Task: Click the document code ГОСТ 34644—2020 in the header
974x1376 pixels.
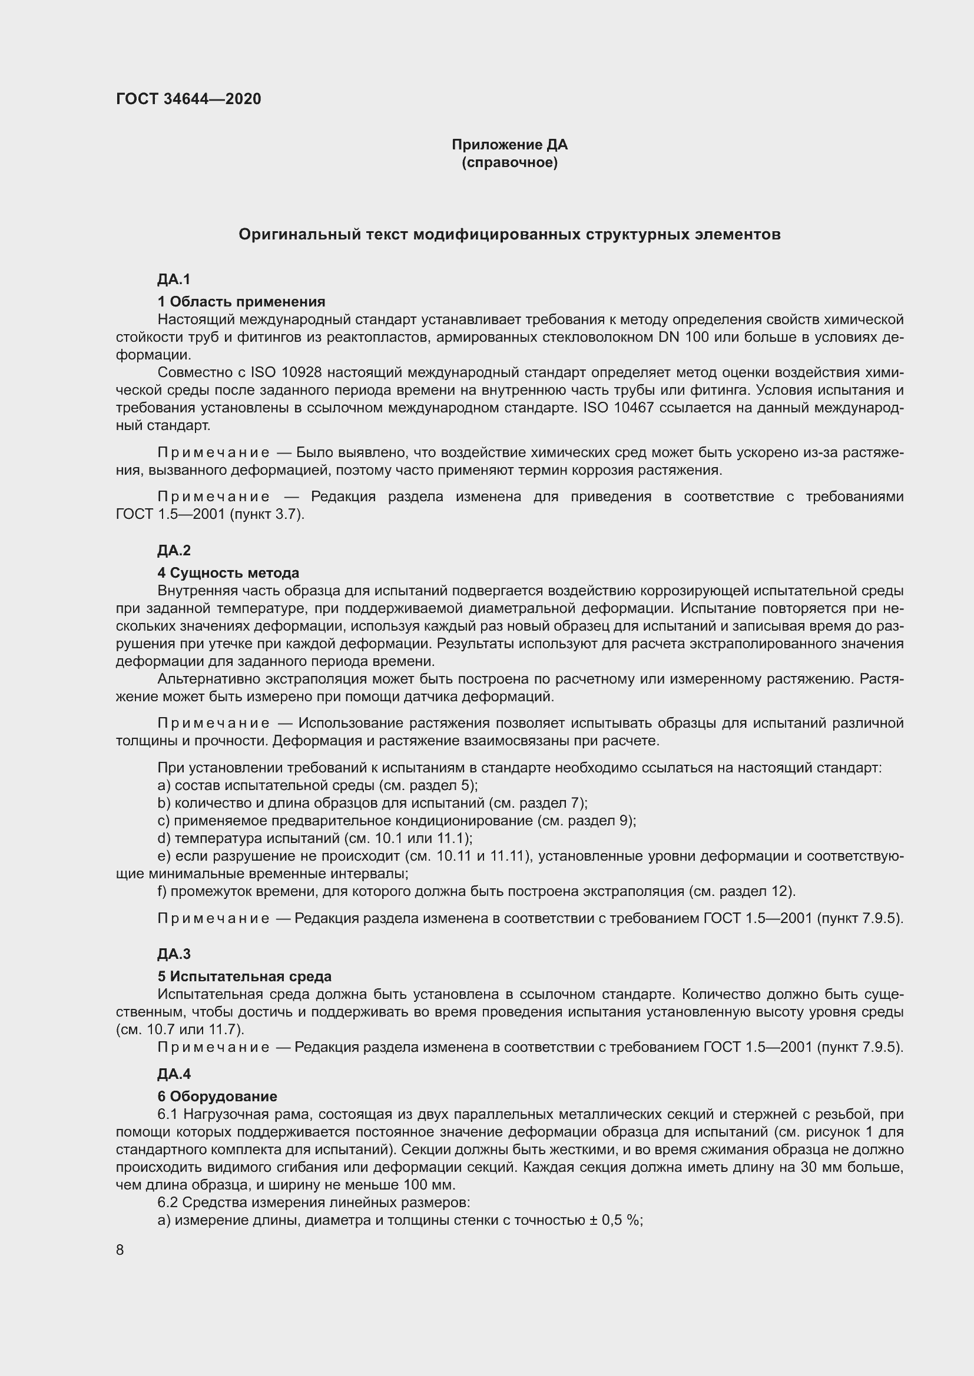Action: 188,99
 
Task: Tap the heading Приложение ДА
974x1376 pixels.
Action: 509,145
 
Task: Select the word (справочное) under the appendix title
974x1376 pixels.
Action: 509,162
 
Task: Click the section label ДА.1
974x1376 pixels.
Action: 173,279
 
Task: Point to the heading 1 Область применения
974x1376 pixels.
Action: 241,301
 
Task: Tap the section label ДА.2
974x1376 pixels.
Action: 173,550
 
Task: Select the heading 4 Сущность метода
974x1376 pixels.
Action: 228,573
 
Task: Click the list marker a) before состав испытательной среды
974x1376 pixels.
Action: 164,785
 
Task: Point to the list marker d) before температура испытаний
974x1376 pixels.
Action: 164,838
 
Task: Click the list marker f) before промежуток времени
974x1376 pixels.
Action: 162,891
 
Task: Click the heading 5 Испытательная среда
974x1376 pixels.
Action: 244,977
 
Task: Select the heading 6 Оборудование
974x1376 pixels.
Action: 217,1096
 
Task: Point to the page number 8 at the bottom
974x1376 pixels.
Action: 120,1250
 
